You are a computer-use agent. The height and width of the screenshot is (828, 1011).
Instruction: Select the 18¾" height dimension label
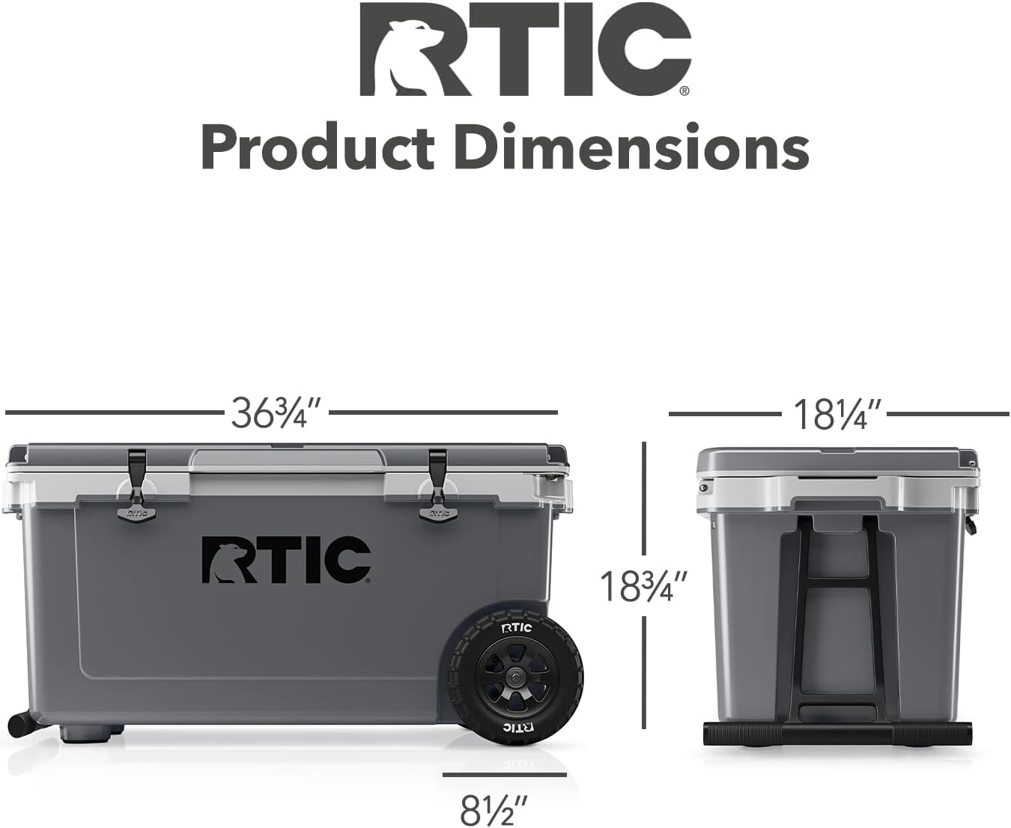tap(643, 585)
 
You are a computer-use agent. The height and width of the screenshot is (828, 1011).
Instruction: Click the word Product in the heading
tap(318, 147)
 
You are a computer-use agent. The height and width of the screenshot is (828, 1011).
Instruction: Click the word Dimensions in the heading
tap(631, 147)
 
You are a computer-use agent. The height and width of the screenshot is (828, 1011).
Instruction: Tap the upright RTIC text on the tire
tap(516, 627)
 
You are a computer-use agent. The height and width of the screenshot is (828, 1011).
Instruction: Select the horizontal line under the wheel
tap(504, 776)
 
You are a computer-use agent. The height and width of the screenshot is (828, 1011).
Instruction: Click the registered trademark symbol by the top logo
tap(683, 91)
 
